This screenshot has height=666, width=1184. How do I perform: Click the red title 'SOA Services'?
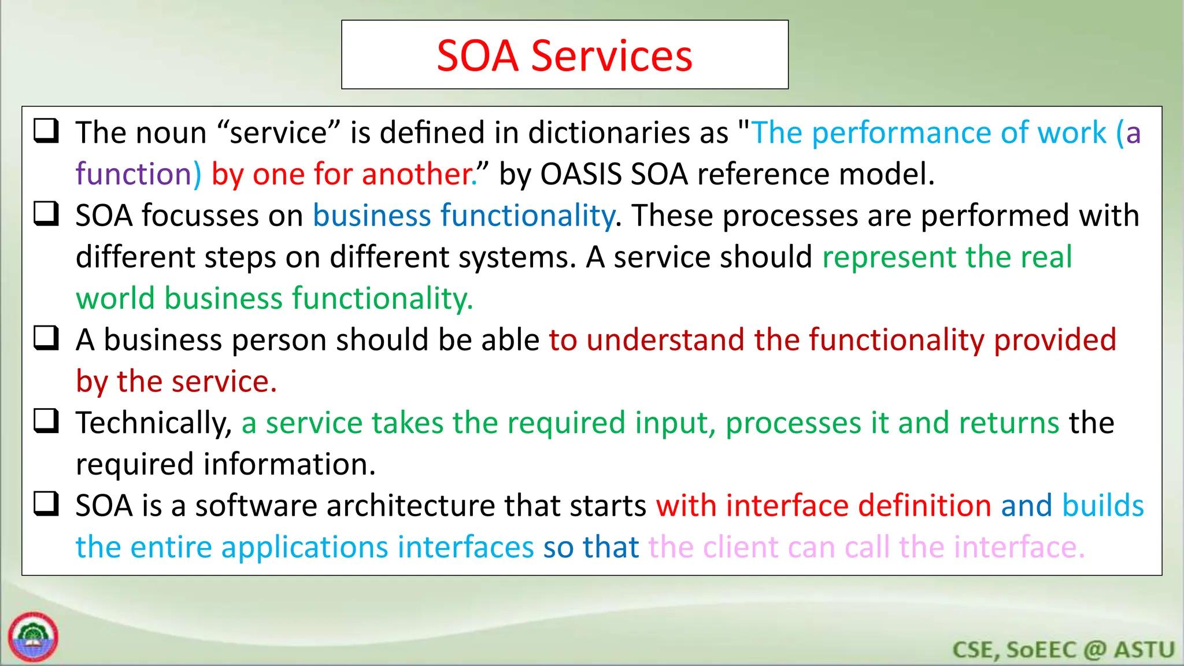564,55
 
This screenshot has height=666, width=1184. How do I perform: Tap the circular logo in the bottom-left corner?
33,637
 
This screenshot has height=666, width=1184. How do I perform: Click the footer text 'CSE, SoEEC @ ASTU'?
1063,650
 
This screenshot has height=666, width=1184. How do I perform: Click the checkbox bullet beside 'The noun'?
46,131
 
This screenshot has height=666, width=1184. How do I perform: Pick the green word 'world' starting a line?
115,299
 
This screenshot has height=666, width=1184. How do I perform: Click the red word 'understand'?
665,340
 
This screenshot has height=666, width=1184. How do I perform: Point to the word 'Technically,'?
154,423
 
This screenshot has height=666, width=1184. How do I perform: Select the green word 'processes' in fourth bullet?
793,423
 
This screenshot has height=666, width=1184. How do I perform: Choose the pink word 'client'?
741,547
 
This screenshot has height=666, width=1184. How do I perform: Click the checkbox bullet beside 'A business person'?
46,338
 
